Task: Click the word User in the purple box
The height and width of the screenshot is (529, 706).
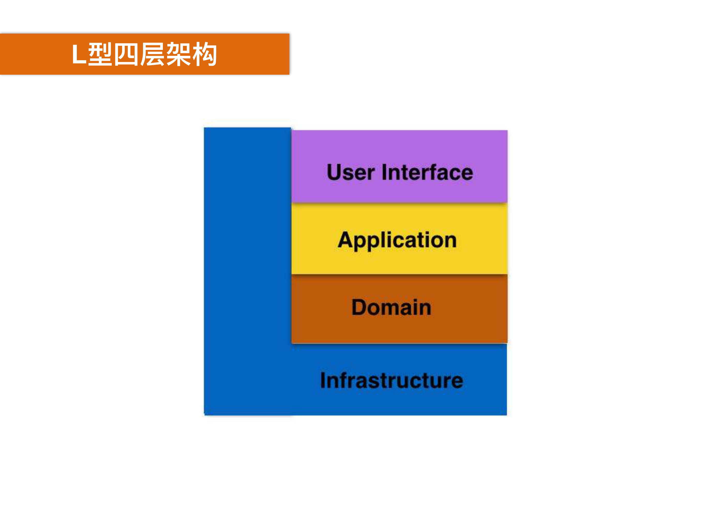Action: point(350,173)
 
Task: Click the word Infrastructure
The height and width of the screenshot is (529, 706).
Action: point(392,380)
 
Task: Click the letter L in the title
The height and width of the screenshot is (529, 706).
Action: point(79,55)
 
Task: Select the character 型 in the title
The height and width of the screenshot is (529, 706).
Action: point(100,55)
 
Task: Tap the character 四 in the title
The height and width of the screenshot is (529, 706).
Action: point(126,55)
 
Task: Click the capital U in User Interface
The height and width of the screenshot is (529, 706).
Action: point(334,173)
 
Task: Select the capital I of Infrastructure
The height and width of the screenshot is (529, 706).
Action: point(323,380)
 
